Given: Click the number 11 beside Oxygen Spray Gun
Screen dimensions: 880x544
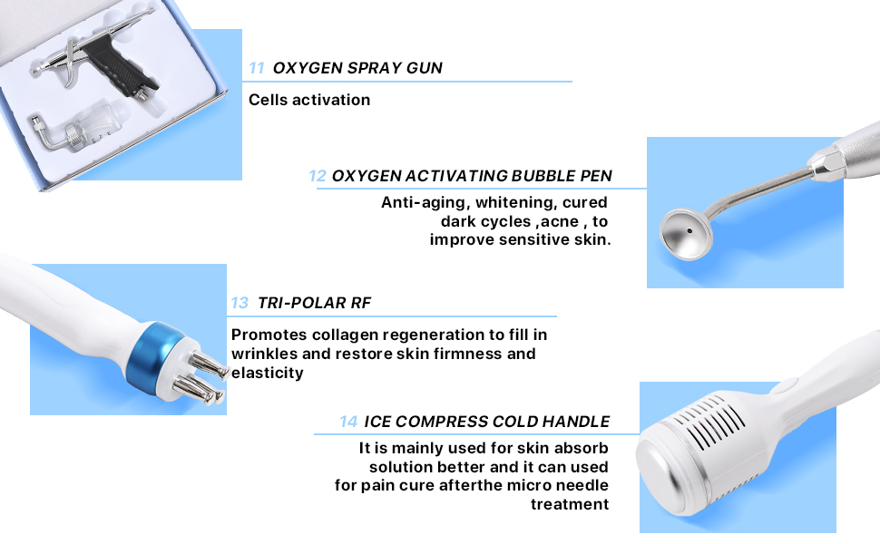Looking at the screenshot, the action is pos(257,68).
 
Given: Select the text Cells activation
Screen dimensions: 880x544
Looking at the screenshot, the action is pos(309,100).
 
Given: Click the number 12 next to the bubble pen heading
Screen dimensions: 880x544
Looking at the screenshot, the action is pos(318,176).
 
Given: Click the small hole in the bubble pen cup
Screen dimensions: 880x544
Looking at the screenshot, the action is pos(689,230).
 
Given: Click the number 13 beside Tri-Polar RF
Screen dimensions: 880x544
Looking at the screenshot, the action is pos(240,304).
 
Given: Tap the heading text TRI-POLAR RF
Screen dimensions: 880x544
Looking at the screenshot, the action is pos(314,304).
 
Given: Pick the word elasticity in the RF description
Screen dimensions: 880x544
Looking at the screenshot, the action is pos(267,373).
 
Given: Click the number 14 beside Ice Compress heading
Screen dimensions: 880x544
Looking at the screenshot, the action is pos(348,422).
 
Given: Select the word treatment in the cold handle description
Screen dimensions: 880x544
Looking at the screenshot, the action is pos(570,505).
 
